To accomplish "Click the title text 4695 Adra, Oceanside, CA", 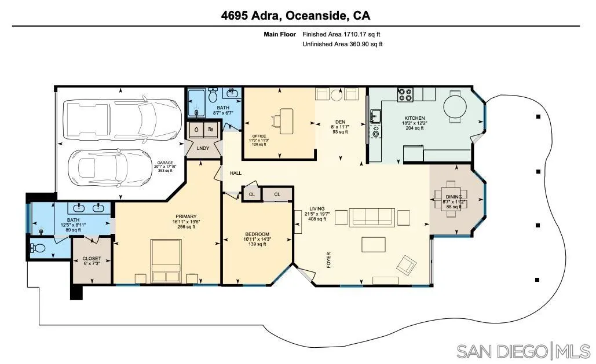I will coord(295,16).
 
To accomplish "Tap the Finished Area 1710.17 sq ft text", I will coord(342,35).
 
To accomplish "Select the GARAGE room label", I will coord(164,163).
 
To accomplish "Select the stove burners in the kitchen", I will coord(404,94).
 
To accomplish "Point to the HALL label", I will coord(236,173).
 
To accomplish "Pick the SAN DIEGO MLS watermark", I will coord(522,351).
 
